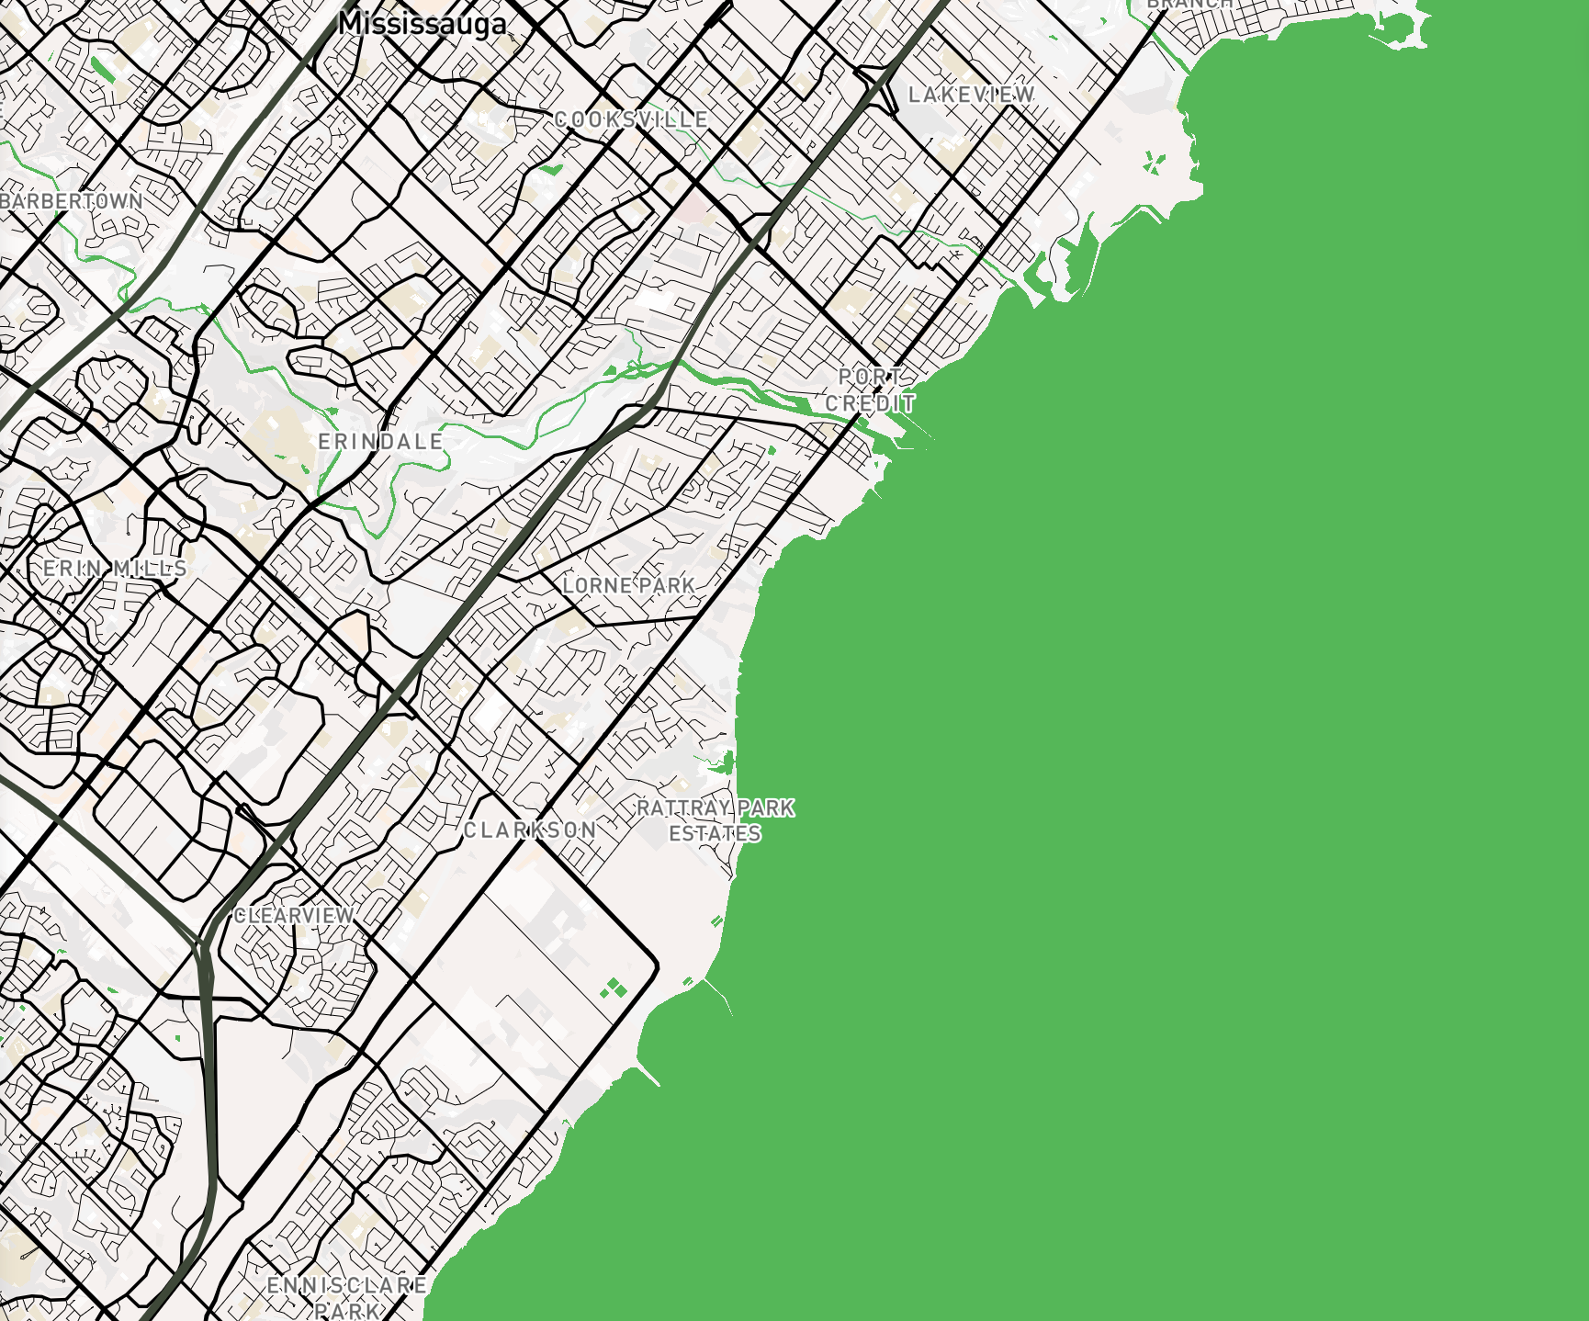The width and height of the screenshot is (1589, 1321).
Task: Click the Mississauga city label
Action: click(x=423, y=23)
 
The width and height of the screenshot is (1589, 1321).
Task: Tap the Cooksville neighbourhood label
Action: click(x=632, y=119)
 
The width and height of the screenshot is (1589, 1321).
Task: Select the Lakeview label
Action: click(x=972, y=95)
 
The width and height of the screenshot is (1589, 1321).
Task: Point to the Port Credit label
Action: click(x=871, y=390)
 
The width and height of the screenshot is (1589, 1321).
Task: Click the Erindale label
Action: click(x=381, y=442)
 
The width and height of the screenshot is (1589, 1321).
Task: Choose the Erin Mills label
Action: click(x=116, y=569)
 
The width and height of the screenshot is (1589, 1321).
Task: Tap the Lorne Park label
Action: click(x=629, y=585)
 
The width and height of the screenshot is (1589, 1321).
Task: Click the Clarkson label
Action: click(x=530, y=830)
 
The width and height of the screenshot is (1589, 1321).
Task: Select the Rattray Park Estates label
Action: click(x=716, y=820)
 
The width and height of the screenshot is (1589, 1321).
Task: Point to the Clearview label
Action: click(x=295, y=916)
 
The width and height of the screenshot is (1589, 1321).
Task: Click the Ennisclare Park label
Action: click(x=347, y=1297)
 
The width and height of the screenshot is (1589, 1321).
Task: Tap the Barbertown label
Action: click(x=72, y=201)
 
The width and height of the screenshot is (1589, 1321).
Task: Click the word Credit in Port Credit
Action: click(x=871, y=403)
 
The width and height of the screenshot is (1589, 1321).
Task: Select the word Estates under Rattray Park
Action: click(x=716, y=833)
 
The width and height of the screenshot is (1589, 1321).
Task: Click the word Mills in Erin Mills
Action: click(x=151, y=569)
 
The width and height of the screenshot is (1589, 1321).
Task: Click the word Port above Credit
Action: click(x=871, y=377)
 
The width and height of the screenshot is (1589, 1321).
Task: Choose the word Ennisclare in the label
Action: click(x=347, y=1285)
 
